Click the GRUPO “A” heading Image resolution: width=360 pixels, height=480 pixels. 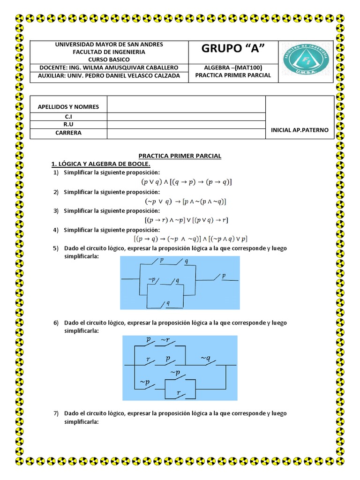pos(232,49)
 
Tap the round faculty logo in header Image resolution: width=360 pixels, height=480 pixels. pos(306,59)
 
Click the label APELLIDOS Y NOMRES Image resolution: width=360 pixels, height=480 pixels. pos(68,106)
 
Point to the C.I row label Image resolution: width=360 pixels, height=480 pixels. pos(68,117)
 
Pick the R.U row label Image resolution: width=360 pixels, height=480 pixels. pos(68,125)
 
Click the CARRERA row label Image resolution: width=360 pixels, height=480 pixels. pos(68,133)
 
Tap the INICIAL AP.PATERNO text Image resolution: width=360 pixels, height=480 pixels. pos(300,130)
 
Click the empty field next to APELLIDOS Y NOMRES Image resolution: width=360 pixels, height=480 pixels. pos(186,105)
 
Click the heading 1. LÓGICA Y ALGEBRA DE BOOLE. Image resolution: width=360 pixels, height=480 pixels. pos(101,164)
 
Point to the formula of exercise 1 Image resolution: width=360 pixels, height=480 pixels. pos(187,182)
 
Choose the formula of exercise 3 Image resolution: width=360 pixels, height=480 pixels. pos(186,220)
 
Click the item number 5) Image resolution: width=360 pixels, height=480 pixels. pos(56,248)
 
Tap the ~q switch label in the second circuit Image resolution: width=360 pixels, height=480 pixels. pos(206,359)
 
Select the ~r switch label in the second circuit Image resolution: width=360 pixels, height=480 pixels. pos(165,340)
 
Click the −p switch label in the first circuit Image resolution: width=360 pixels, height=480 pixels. pos(152,280)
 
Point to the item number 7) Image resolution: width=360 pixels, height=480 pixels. pos(56,413)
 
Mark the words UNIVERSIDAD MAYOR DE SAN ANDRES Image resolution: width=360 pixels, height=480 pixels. pos(109,44)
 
